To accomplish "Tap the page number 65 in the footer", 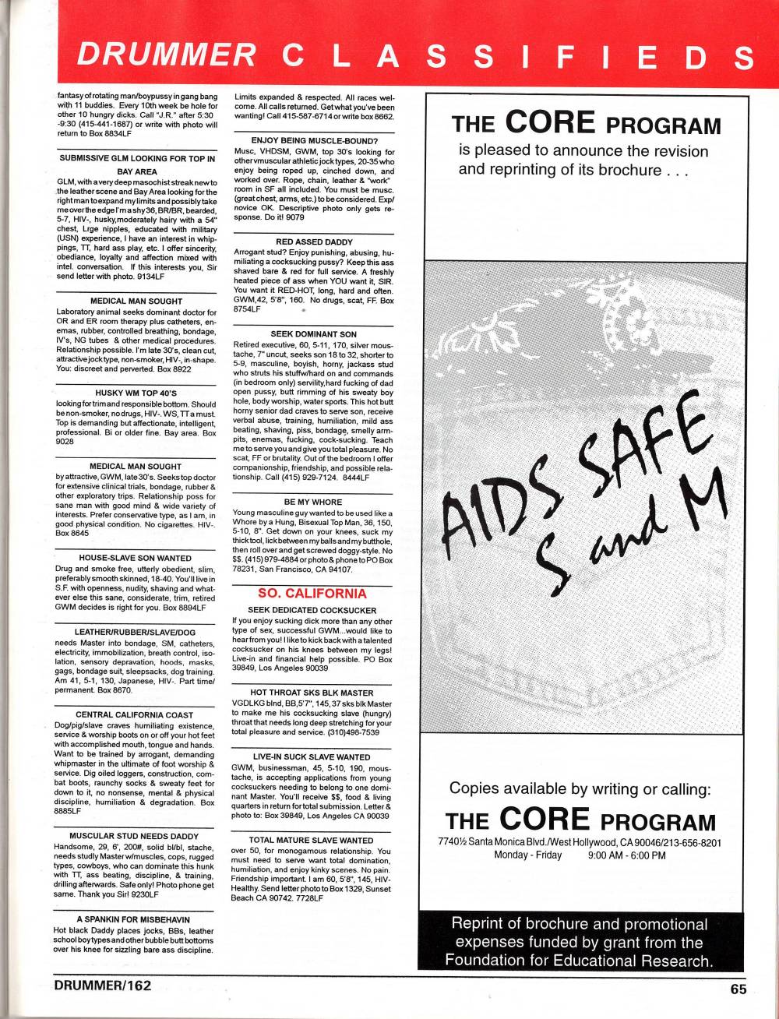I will click(738, 989).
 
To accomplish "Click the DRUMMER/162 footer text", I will click(103, 985).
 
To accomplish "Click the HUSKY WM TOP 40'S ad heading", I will click(136, 393).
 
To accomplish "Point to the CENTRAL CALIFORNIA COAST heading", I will click(135, 714).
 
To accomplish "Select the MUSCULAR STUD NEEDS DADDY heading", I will click(135, 836).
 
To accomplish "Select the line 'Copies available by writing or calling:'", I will click(580, 788).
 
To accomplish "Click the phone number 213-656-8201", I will click(693, 842).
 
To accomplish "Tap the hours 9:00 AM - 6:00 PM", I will click(626, 855).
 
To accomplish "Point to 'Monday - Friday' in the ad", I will click(528, 855).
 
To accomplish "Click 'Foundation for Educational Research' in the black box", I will click(579, 961).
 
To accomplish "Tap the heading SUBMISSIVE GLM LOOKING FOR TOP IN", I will click(136, 158).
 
